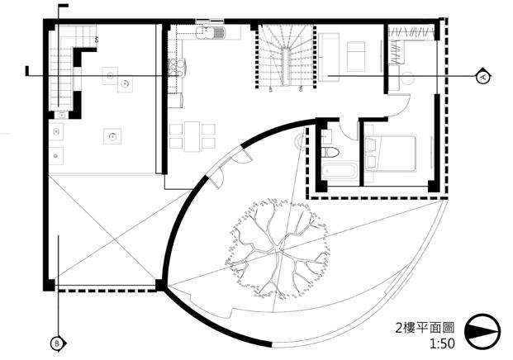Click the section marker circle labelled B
coord(57,342)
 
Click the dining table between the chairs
coord(192,135)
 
